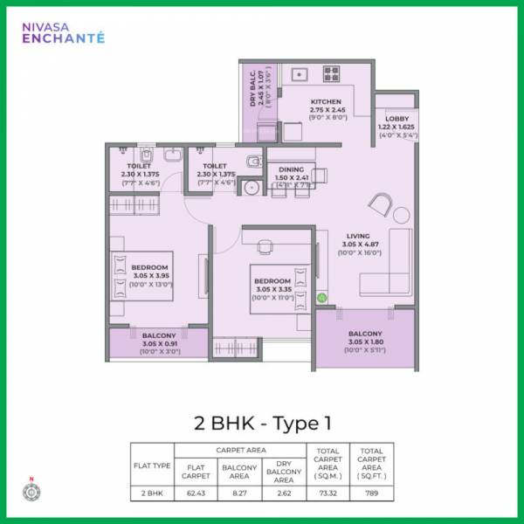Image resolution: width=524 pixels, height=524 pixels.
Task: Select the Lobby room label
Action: pyautogui.click(x=396, y=127)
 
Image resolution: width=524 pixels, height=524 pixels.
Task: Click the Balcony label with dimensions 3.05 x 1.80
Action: pyautogui.click(x=365, y=339)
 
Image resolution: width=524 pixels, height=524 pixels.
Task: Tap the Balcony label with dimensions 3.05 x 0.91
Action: pyautogui.click(x=159, y=340)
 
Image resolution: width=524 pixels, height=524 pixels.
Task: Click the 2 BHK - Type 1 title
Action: pyautogui.click(x=262, y=424)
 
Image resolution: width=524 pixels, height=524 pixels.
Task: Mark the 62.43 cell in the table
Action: pyautogui.click(x=197, y=494)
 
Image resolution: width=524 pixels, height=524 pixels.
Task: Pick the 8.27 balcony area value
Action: pyautogui.click(x=239, y=494)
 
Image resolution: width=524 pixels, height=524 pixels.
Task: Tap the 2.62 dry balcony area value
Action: pyautogui.click(x=282, y=494)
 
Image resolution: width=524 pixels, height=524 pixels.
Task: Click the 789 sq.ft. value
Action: pyautogui.click(x=371, y=494)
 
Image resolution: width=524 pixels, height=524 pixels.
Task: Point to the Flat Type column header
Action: pyautogui.click(x=152, y=465)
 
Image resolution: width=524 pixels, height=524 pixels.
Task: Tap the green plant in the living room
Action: pyautogui.click(x=321, y=299)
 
